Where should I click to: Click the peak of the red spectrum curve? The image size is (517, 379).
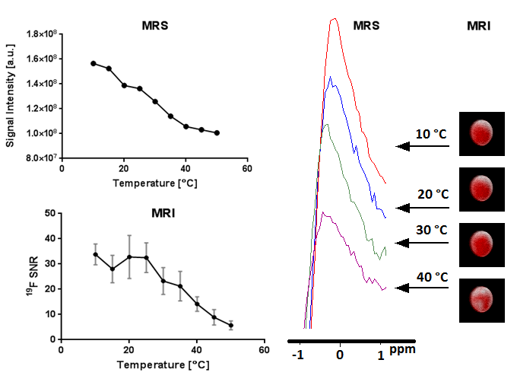click(x=333, y=19)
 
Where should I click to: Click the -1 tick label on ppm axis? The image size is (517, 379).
click(x=299, y=355)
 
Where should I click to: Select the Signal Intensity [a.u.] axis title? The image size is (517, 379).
click(x=10, y=96)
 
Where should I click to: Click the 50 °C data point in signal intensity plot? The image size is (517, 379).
click(x=217, y=132)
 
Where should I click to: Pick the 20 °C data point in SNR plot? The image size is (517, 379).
click(x=129, y=256)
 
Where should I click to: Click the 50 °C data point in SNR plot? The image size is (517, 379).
click(x=230, y=325)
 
